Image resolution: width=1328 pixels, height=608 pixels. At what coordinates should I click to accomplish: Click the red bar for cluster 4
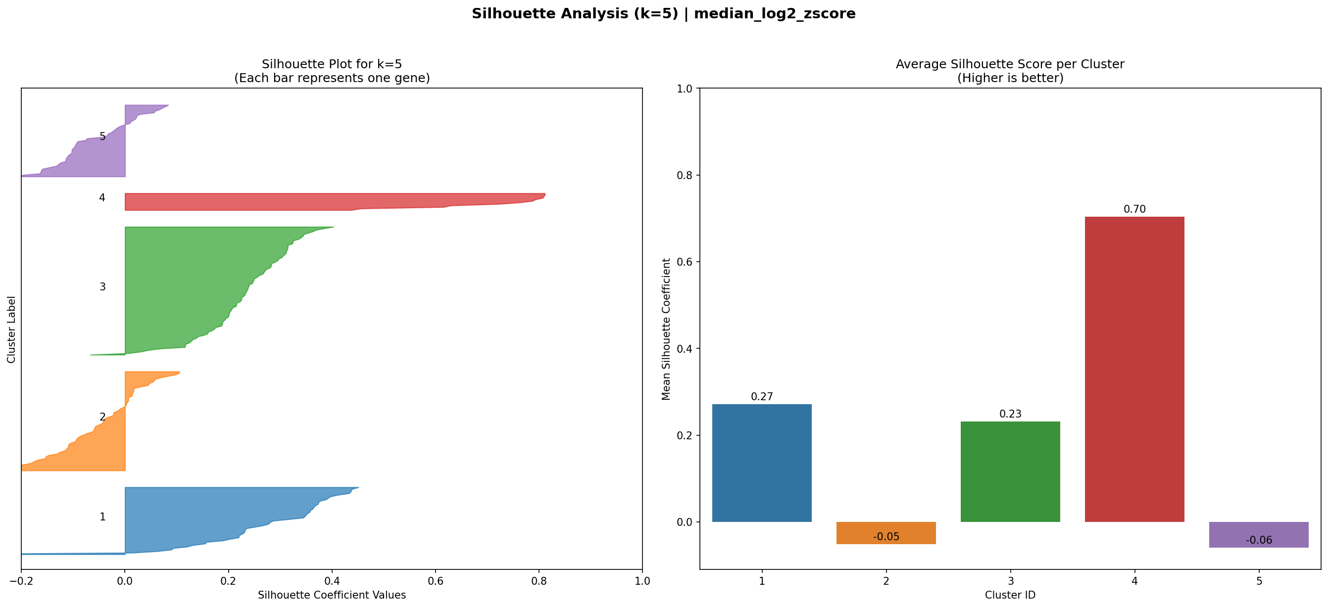[1134, 369]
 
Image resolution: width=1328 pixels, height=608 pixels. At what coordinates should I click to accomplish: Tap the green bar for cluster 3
[1010, 471]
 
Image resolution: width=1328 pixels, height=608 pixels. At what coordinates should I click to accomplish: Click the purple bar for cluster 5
[1258, 531]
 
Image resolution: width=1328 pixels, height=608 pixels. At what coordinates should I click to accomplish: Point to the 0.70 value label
[1134, 209]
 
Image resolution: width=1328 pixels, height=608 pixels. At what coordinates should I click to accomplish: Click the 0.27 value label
[761, 397]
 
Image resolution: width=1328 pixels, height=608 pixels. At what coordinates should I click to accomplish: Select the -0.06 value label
[1258, 540]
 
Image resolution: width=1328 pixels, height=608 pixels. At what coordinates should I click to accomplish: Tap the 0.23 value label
[1010, 414]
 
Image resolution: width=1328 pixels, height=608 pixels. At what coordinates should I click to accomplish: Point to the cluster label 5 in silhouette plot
[102, 137]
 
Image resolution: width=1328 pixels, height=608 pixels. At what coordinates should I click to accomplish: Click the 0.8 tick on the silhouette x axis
[539, 581]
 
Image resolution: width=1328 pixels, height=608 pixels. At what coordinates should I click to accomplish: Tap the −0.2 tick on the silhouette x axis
[21, 581]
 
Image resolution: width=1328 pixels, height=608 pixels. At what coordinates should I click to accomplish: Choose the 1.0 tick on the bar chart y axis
[685, 89]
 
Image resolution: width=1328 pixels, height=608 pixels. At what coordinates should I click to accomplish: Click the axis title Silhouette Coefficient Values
[332, 595]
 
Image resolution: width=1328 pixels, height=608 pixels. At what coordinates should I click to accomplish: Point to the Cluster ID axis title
[1010, 595]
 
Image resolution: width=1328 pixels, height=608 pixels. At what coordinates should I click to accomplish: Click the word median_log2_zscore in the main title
[774, 14]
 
